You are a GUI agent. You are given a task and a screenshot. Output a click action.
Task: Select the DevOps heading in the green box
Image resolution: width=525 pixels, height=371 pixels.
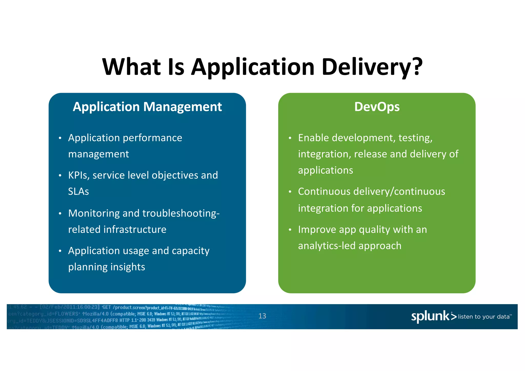[377, 107]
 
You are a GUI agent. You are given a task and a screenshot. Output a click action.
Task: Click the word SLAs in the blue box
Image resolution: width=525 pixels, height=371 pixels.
[78, 192]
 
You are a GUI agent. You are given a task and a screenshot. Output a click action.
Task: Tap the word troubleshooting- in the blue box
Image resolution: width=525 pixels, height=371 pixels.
[181, 213]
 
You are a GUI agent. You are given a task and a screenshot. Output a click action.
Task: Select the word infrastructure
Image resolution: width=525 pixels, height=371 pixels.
[135, 230]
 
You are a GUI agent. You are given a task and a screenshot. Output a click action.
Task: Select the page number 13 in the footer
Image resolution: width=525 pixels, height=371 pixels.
[262, 316]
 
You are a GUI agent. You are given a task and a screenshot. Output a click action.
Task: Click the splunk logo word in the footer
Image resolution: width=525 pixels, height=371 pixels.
[430, 316]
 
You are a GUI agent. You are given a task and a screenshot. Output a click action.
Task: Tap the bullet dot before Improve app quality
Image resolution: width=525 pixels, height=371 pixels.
[290, 230]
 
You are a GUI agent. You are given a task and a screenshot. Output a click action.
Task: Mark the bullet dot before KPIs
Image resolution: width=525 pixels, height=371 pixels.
[60, 176]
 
